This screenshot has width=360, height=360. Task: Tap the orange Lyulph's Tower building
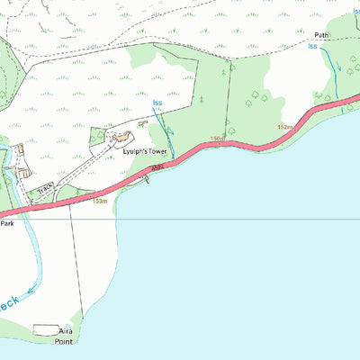121,138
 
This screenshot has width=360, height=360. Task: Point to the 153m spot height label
100,202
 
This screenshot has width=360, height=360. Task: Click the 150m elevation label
216,138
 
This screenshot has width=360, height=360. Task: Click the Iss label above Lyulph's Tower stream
157,103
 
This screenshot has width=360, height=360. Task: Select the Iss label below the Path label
312,45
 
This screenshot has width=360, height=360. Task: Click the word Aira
63,331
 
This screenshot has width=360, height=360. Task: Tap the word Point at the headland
63,341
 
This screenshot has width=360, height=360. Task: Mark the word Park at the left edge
7,222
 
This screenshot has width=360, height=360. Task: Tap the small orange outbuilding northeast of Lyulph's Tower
141,125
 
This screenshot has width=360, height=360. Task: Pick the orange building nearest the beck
22,171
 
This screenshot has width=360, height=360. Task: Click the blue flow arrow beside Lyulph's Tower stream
169,131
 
